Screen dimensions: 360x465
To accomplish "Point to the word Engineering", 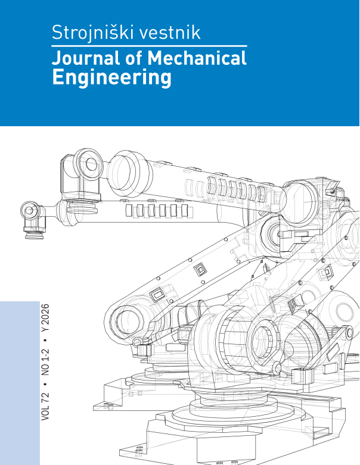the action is [x=111, y=78].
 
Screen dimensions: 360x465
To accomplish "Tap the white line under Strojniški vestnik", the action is [x=149, y=46].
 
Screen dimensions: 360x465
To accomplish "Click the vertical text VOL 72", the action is [x=45, y=406].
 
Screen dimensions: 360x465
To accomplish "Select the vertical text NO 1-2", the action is [x=45, y=362].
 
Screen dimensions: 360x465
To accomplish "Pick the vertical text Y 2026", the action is [x=45, y=318].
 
